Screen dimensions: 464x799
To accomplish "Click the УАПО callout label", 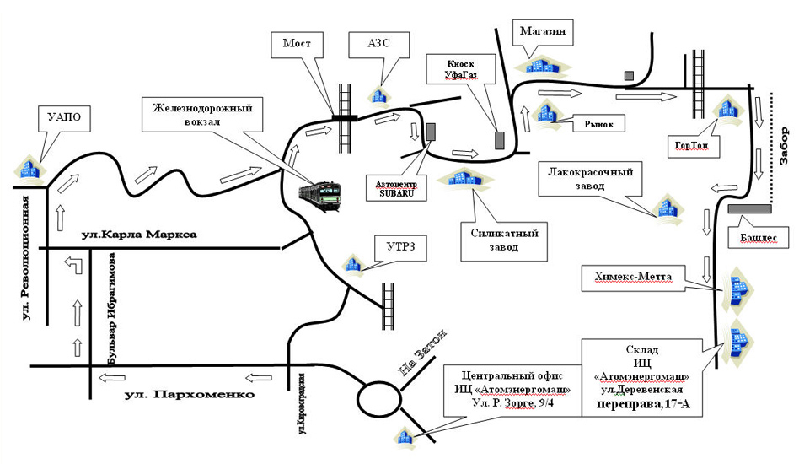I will [67, 116].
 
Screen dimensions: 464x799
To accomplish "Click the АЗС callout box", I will [378, 44].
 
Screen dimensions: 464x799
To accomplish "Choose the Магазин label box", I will [542, 32].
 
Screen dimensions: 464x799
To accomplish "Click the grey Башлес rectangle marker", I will [748, 208].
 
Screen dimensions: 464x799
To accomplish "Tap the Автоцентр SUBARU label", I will [391, 187].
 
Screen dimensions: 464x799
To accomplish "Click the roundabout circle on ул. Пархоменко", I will [378, 397].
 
